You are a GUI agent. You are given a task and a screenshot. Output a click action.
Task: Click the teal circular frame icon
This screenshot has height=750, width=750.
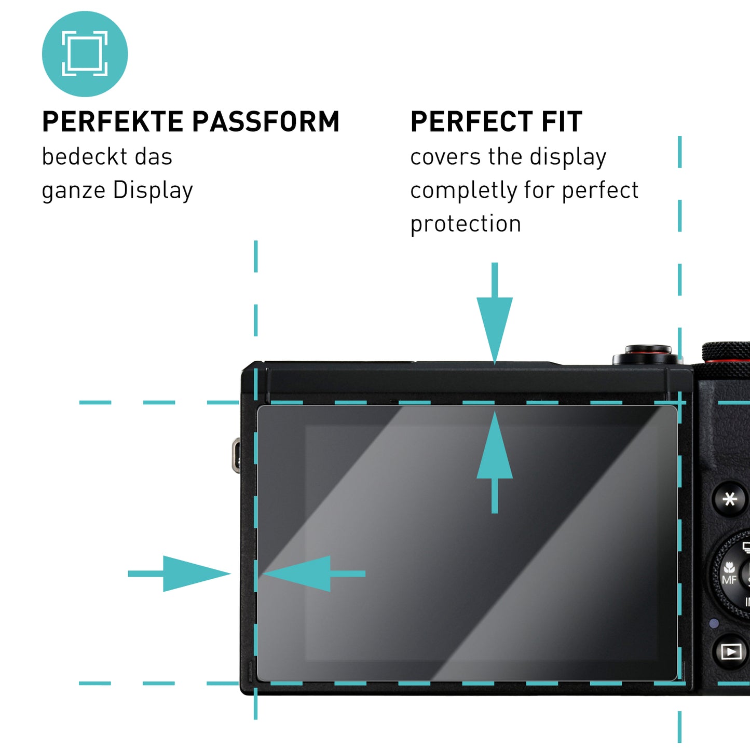pyautogui.click(x=85, y=54)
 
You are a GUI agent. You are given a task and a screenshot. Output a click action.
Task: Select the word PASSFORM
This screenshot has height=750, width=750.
pyautogui.click(x=266, y=122)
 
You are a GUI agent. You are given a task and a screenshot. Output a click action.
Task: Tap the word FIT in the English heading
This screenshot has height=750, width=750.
pyautogui.click(x=562, y=122)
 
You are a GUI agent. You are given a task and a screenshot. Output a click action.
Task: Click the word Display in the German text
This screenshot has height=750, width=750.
pyautogui.click(x=153, y=191)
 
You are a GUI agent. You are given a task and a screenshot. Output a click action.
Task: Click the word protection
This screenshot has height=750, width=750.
pyautogui.click(x=466, y=224)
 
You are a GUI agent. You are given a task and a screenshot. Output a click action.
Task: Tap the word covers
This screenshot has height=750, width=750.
pyautogui.click(x=445, y=157)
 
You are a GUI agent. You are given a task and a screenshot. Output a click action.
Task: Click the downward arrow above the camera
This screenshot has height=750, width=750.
pyautogui.click(x=495, y=317)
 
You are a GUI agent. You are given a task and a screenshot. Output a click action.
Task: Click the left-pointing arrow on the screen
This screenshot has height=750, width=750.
pyautogui.click(x=311, y=574)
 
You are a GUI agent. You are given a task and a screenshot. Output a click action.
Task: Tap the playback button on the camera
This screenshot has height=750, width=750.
pyautogui.click(x=731, y=651)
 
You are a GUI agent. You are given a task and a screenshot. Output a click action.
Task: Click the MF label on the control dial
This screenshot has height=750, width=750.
pyautogui.click(x=729, y=580)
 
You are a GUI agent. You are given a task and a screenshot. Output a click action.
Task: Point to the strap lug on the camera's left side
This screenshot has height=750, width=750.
pyautogui.click(x=236, y=455)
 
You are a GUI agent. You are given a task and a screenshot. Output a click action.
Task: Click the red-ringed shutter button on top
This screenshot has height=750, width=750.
pyautogui.click(x=647, y=353)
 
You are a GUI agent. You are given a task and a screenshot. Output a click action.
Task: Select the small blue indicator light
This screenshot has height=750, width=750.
pyautogui.click(x=714, y=623)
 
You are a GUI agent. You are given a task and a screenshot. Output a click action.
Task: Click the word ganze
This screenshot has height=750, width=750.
pyautogui.click(x=74, y=191)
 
